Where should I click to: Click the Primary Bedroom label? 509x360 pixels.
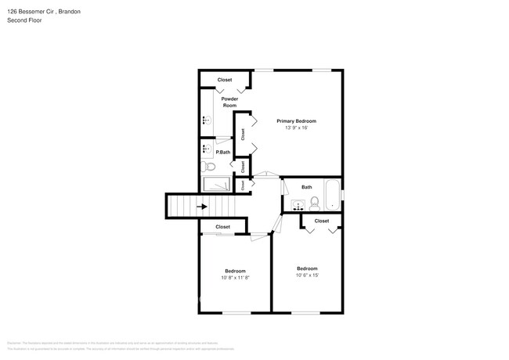[296, 121]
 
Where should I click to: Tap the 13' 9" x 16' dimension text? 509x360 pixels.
[296, 128]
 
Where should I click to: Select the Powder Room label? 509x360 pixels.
[229, 102]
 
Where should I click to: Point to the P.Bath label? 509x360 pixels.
[222, 152]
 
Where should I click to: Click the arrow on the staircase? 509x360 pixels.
[202, 207]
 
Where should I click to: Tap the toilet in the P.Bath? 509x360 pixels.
[209, 167]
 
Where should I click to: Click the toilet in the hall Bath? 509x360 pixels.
[314, 203]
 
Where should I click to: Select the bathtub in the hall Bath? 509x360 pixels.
[333, 196]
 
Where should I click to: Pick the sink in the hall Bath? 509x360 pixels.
[298, 205]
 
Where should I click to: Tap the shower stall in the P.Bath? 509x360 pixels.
[216, 185]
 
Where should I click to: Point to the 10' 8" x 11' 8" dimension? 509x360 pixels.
[236, 277]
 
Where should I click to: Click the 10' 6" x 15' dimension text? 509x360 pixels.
[307, 275]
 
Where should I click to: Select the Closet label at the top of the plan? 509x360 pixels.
[225, 80]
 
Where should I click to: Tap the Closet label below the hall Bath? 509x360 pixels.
[322, 221]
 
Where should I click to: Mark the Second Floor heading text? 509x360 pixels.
[24, 20]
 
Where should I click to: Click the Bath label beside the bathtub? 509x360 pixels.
[307, 187]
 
